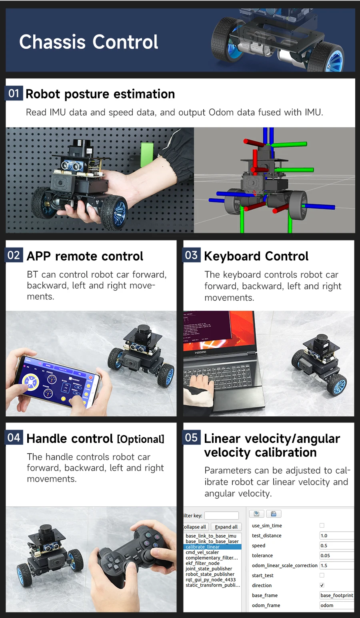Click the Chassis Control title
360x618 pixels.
pyautogui.click(x=89, y=42)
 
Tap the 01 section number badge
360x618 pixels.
pyautogui.click(x=14, y=94)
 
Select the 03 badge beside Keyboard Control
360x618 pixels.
pyautogui.click(x=192, y=255)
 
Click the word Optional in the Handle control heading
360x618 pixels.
pyautogui.click(x=140, y=439)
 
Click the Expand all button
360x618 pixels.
pyautogui.click(x=226, y=527)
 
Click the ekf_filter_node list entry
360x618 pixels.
pyautogui.click(x=202, y=563)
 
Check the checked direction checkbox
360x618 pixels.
pyautogui.click(x=322, y=585)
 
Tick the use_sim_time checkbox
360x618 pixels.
pyautogui.click(x=322, y=526)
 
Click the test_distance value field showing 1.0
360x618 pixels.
pyautogui.click(x=336, y=536)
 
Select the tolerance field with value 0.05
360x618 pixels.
pyautogui.click(x=336, y=556)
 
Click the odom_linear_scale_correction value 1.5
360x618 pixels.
pyautogui.click(x=336, y=566)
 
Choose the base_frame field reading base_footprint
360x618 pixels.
pyautogui.click(x=336, y=595)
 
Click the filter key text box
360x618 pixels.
pyautogui.click(x=221, y=516)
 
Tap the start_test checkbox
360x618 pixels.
pyautogui.click(x=322, y=575)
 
